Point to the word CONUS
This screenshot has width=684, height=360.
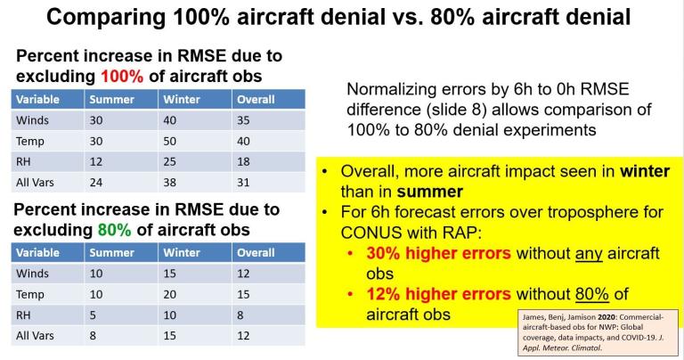[x=374, y=233]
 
